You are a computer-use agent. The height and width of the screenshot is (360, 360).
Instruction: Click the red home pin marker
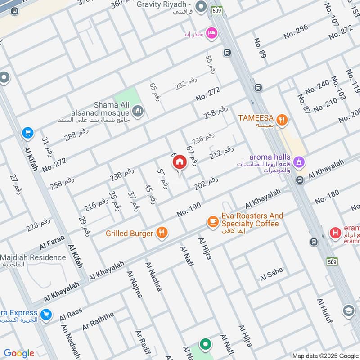[180, 162]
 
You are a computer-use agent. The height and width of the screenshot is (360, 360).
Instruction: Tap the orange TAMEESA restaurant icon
[282, 119]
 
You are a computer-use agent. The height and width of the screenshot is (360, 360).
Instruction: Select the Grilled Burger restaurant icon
[162, 233]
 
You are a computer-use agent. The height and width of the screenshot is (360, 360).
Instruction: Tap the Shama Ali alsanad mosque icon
[138, 110]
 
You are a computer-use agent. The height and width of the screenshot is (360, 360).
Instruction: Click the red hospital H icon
[335, 233]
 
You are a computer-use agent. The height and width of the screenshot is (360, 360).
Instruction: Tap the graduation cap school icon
[348, 310]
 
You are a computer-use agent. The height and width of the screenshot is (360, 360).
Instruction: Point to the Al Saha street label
[271, 274]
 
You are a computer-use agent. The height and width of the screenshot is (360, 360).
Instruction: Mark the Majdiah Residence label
[33, 258]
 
